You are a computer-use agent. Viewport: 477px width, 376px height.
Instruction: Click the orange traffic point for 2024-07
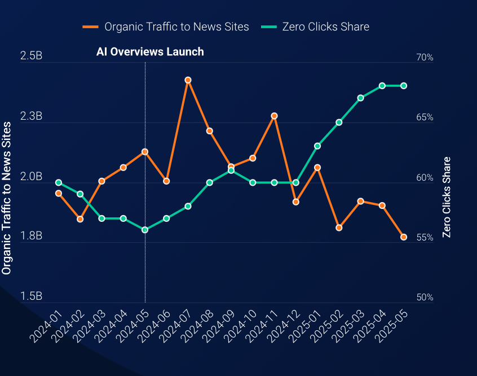pyautogui.click(x=188, y=80)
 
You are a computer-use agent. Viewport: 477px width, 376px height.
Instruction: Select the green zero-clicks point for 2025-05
pyautogui.click(x=404, y=86)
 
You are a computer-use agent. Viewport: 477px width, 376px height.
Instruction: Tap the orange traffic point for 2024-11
pyautogui.click(x=275, y=116)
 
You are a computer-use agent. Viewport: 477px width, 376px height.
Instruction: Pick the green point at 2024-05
pyautogui.click(x=145, y=230)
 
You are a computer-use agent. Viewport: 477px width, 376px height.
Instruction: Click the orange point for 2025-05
pyautogui.click(x=404, y=237)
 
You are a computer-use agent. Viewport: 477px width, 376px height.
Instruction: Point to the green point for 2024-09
pyautogui.click(x=231, y=170)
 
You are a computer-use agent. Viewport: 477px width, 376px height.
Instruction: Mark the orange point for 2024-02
pyautogui.click(x=80, y=219)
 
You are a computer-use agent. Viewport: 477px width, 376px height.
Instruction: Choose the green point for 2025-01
pyautogui.click(x=317, y=146)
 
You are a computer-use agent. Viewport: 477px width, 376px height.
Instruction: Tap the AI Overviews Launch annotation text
pyautogui.click(x=150, y=51)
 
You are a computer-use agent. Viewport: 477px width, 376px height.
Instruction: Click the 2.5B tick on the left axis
pyautogui.click(x=31, y=56)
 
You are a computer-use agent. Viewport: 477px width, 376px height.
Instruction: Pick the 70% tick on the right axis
pyautogui.click(x=425, y=58)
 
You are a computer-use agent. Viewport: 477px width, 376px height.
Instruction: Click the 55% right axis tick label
pyautogui.click(x=425, y=238)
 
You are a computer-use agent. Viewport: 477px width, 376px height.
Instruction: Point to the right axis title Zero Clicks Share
pyautogui.click(x=447, y=198)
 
